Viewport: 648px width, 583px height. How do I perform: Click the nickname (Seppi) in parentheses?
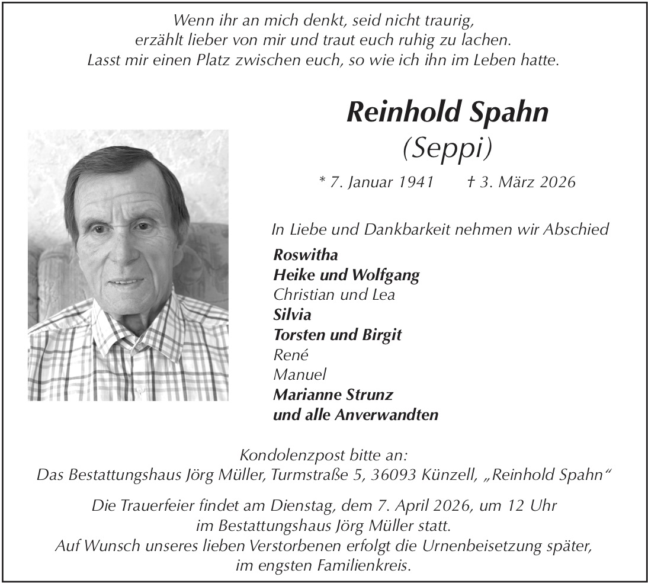coord(447,149)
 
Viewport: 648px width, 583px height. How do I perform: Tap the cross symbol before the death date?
coord(472,181)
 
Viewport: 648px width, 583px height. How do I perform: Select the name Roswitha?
coord(306,255)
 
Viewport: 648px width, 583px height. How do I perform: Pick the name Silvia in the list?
coord(292,315)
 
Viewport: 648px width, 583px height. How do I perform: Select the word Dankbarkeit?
coord(394,229)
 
